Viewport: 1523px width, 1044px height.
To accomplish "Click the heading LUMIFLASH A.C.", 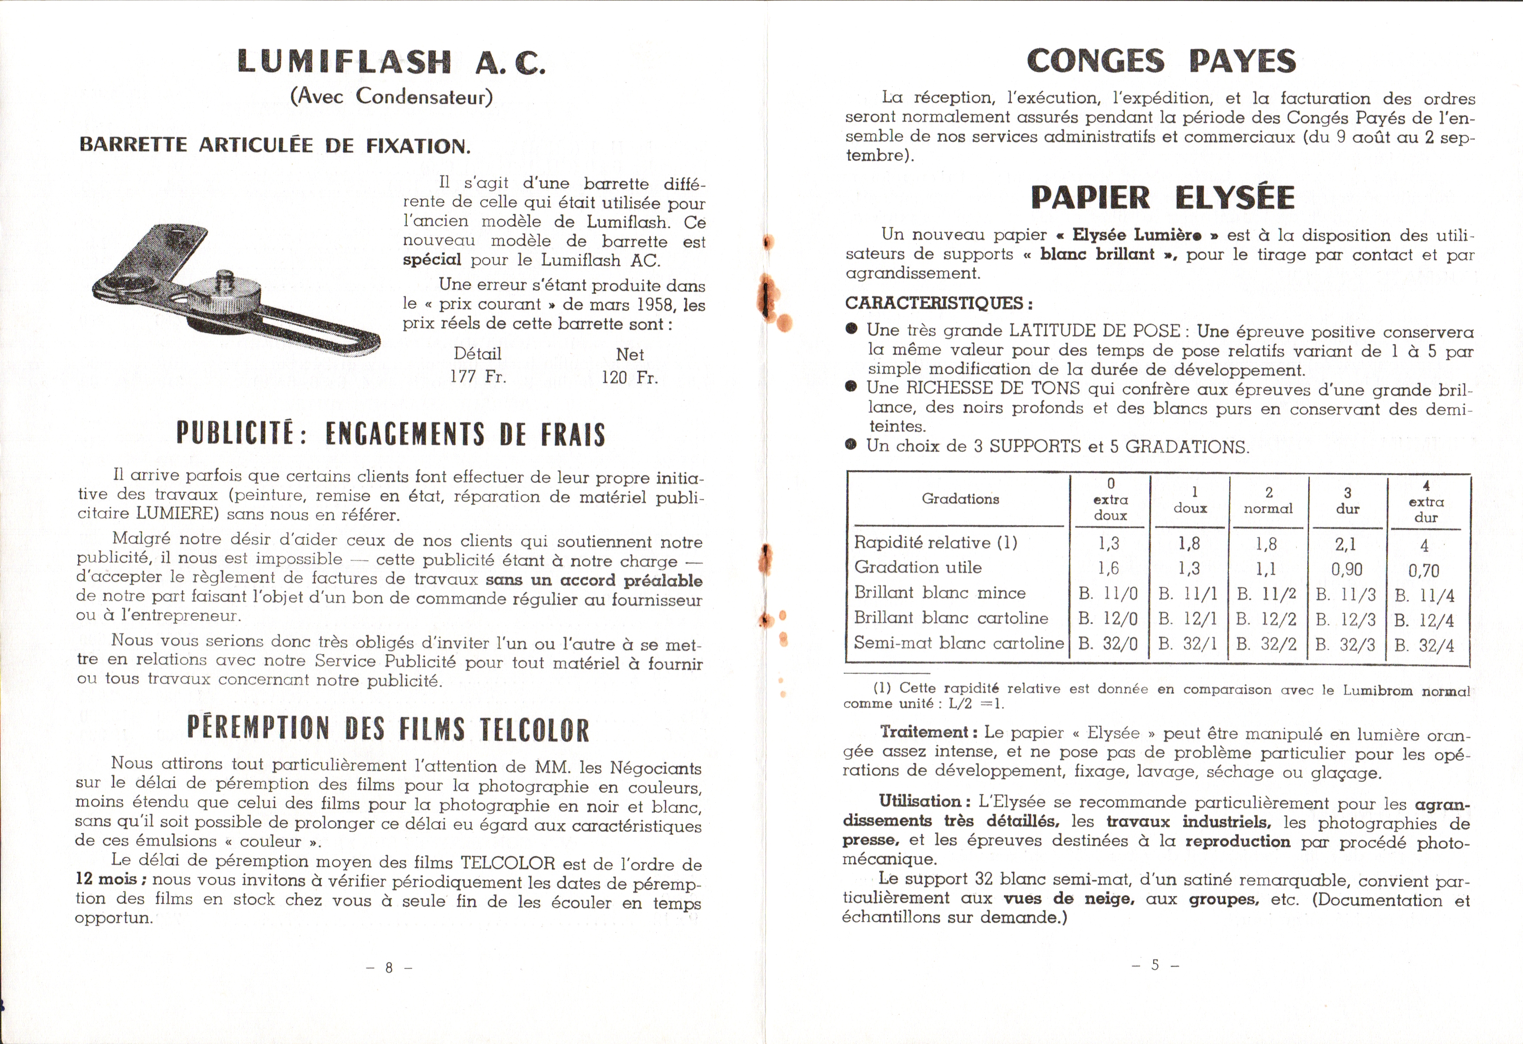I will tap(391, 62).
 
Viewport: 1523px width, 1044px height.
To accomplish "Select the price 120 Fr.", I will tap(629, 378).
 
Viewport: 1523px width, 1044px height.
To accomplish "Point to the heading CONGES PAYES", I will tap(1161, 61).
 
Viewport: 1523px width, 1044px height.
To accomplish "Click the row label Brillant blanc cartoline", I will tap(951, 618).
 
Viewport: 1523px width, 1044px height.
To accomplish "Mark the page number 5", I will tap(1155, 965).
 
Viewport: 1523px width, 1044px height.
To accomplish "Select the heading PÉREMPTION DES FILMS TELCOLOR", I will tap(388, 729).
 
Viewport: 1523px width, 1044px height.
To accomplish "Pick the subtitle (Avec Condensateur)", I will tap(391, 97).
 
